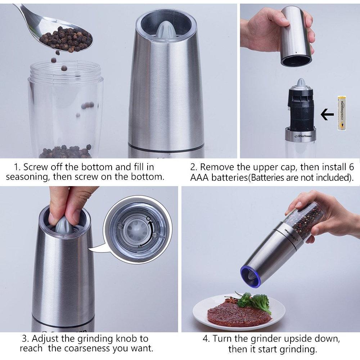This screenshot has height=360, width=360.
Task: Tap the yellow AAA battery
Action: (x=342, y=113)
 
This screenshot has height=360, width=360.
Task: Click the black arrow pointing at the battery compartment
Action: (x=327, y=114)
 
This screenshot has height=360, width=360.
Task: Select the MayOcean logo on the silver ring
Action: (x=303, y=136)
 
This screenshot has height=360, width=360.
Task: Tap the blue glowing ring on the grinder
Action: (x=251, y=276)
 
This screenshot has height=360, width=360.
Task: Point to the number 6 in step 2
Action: (x=351, y=167)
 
